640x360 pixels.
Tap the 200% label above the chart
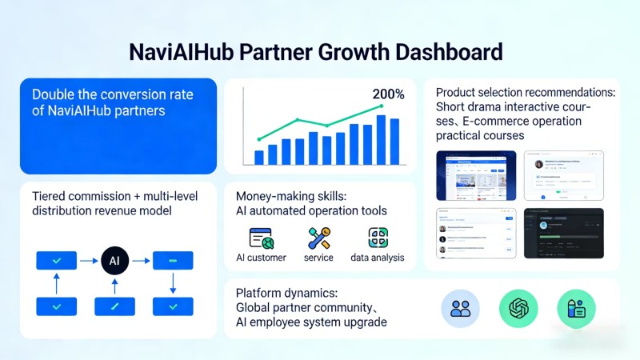(388, 94)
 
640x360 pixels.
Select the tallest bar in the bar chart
(381, 140)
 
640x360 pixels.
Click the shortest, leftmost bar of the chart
(258, 157)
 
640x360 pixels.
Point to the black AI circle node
(114, 260)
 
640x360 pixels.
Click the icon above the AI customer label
(261, 238)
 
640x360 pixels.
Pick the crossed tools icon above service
(318, 238)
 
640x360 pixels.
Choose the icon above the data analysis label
(378, 238)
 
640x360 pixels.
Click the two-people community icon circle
(461, 309)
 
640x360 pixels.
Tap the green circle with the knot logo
(518, 309)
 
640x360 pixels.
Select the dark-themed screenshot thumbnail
(563, 233)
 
